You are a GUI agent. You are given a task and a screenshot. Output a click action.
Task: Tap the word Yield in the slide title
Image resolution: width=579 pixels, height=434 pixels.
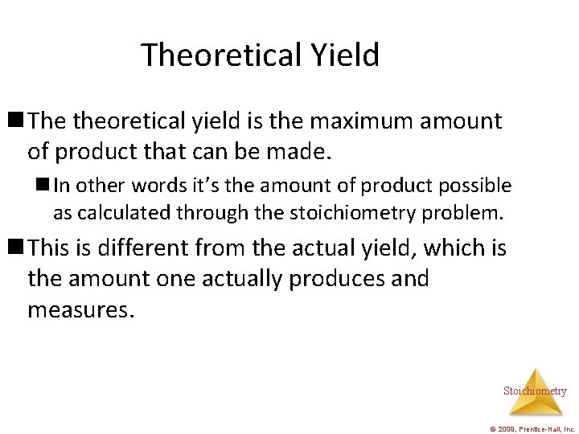tap(342, 55)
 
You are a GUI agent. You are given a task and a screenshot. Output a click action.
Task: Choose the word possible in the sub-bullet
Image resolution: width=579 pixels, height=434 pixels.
tap(474, 186)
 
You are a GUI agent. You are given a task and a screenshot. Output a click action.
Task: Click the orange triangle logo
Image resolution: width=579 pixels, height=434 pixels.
tap(535, 381)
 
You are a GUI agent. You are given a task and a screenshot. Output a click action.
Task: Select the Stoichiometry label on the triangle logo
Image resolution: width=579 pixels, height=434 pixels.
tap(535, 391)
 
